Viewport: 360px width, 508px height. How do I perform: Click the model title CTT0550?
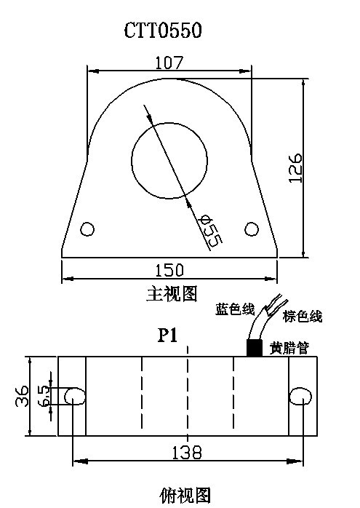(x=163, y=31)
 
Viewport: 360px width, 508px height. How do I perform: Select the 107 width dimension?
(x=169, y=63)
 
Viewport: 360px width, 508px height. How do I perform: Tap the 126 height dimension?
(x=295, y=168)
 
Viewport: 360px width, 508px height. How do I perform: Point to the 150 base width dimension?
(x=169, y=270)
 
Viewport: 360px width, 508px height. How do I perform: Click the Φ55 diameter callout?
(x=212, y=232)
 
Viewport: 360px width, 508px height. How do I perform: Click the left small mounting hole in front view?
(x=87, y=229)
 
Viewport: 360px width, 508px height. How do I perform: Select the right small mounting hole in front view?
(x=252, y=229)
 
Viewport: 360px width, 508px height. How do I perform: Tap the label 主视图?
(x=172, y=294)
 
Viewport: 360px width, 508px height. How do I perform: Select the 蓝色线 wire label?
(x=235, y=309)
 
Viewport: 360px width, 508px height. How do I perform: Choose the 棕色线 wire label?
(x=303, y=316)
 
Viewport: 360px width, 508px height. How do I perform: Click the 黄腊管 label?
(x=289, y=349)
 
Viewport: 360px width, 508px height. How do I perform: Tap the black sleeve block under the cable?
(x=255, y=348)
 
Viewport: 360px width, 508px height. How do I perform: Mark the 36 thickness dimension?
(x=22, y=396)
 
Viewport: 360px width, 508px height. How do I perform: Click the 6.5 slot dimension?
(x=44, y=396)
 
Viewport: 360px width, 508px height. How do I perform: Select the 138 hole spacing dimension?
(x=186, y=452)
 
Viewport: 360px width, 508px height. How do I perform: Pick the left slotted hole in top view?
(x=75, y=396)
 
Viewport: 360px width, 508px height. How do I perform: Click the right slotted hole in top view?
(x=300, y=396)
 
